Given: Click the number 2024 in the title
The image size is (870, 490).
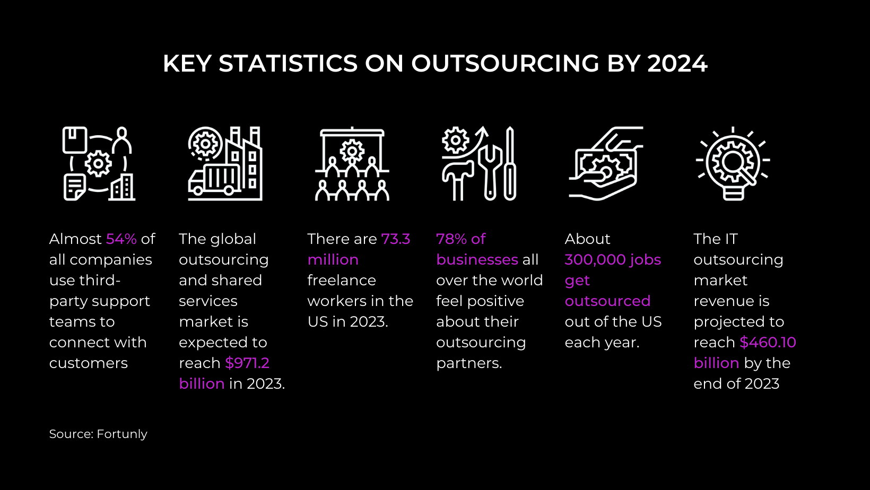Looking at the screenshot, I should click(x=677, y=63).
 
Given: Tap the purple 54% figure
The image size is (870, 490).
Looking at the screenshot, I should click(x=121, y=239).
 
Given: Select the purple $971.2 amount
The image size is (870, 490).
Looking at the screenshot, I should click(x=247, y=363).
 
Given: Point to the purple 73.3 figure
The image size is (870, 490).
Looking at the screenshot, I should click(x=396, y=239).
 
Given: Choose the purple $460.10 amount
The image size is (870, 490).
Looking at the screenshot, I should click(x=768, y=343).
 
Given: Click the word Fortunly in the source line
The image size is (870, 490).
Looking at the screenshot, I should click(x=122, y=434).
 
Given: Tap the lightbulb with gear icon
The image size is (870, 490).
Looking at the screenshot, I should click(x=733, y=163).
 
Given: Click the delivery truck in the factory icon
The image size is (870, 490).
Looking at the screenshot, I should click(x=213, y=179).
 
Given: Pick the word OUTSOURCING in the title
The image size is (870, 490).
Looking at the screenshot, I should click(x=505, y=63).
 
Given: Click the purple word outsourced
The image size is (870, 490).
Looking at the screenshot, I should click(x=607, y=301).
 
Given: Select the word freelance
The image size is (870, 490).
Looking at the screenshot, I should click(x=342, y=281).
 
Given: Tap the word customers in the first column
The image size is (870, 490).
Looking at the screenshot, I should click(x=89, y=363).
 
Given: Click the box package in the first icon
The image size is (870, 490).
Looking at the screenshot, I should click(x=74, y=140).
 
